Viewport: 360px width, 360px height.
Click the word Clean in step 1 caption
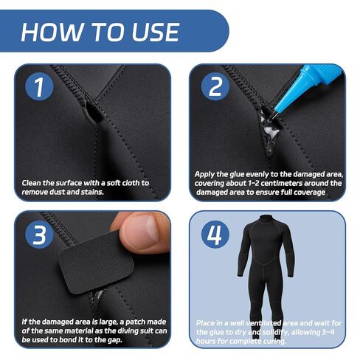coord(34,181)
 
